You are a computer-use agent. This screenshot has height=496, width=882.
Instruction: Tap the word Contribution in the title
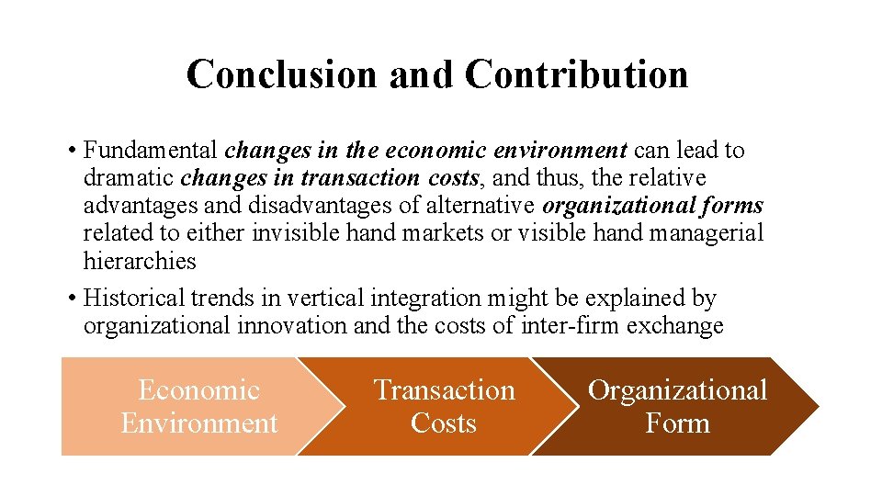(576, 74)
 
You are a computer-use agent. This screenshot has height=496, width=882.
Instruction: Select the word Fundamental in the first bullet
(151, 150)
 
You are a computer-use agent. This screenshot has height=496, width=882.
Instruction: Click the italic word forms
(729, 205)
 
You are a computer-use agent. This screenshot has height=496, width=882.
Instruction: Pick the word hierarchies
(140, 261)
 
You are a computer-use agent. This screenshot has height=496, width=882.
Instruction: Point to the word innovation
(303, 326)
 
